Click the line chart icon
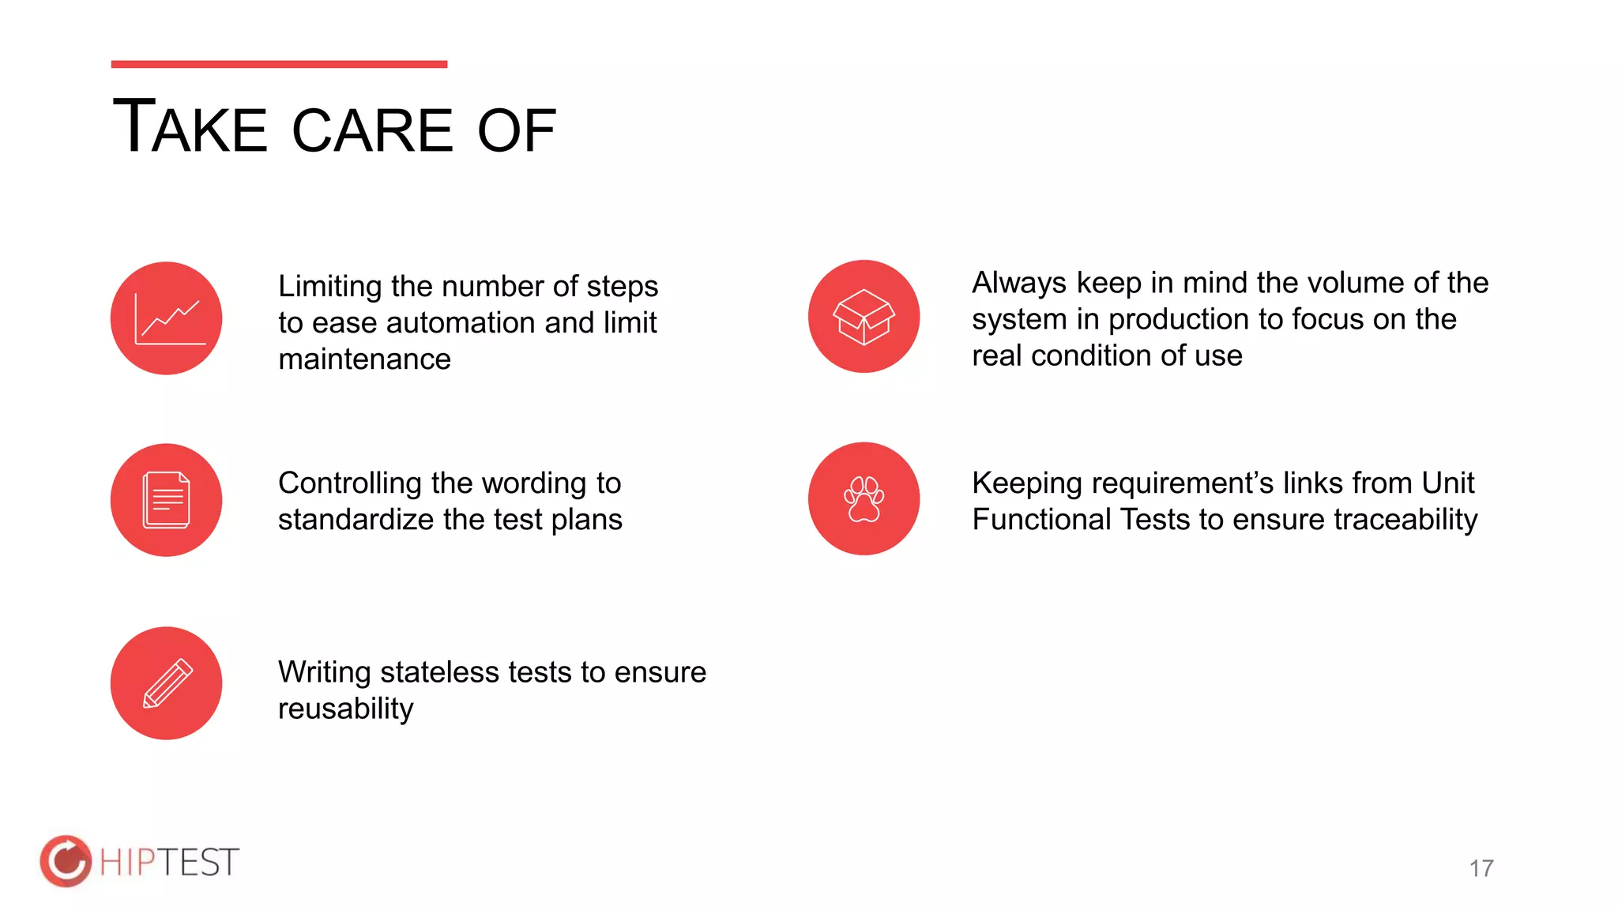point(167,318)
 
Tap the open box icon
point(864,316)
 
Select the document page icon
point(167,500)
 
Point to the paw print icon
point(864,498)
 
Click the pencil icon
point(167,683)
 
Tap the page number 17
point(1481,868)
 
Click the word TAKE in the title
point(190,127)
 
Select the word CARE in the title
point(372,130)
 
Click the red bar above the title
point(279,64)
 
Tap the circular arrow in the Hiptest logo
point(66,861)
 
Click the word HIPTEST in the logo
point(169,862)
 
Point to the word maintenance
point(364,359)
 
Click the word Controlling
point(350,483)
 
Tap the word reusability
point(345,709)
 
